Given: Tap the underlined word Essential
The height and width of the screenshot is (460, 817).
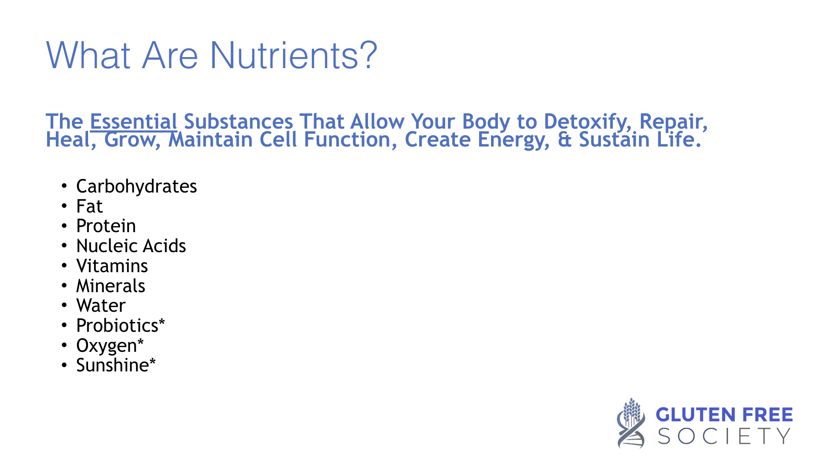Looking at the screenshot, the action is point(134,121).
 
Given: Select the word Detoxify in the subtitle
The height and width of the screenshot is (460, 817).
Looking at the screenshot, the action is point(588,123).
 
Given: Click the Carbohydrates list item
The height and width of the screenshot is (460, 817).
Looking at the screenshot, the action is point(137,187).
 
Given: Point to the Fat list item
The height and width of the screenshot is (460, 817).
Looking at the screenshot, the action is point(89,207).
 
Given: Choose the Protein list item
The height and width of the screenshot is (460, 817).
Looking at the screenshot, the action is point(106,226).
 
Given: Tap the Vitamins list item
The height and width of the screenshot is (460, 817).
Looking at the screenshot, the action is point(112,266).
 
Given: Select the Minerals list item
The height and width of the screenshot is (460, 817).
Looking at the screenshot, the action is point(111,286).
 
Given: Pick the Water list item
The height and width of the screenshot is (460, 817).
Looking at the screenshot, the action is point(101,306).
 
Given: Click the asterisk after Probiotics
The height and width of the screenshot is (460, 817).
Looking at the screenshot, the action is point(162,322).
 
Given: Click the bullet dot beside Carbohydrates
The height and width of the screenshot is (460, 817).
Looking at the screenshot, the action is point(64,186).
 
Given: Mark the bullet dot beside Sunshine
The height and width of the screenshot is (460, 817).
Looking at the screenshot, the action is point(64,365).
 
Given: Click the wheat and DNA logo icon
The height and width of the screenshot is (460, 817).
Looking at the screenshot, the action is point(631,423).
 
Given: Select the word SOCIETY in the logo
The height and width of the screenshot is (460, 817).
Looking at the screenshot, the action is point(724,436).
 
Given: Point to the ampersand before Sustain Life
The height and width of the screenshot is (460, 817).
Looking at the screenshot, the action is point(564,140).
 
